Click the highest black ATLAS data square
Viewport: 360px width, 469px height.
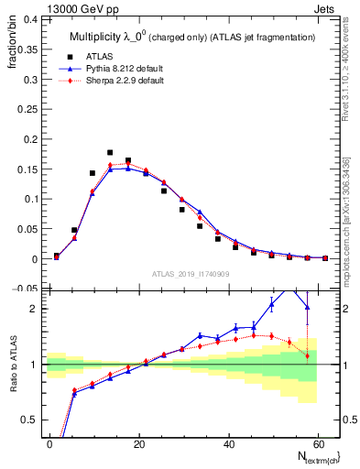point(110,153)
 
